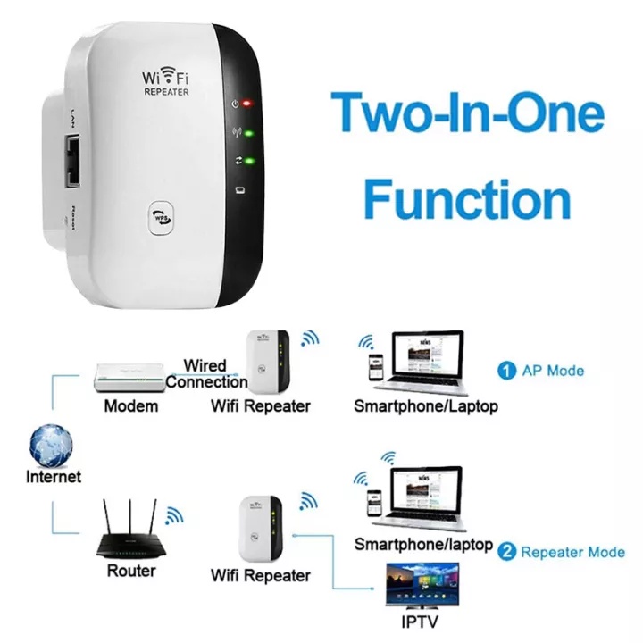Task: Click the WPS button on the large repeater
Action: click(162, 216)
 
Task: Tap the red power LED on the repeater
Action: click(247, 104)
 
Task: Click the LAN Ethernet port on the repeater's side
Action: click(71, 162)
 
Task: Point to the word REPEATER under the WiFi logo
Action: click(166, 92)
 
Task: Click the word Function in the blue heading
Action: click(467, 198)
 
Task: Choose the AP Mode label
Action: click(553, 370)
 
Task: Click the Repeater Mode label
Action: click(572, 552)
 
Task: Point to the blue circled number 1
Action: click(506, 370)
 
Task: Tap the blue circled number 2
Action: click(507, 552)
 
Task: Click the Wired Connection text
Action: click(206, 374)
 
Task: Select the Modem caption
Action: click(130, 406)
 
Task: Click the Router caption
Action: click(130, 570)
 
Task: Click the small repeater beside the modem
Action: click(268, 362)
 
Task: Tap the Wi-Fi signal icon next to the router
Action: click(173, 514)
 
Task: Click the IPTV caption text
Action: click(422, 622)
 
